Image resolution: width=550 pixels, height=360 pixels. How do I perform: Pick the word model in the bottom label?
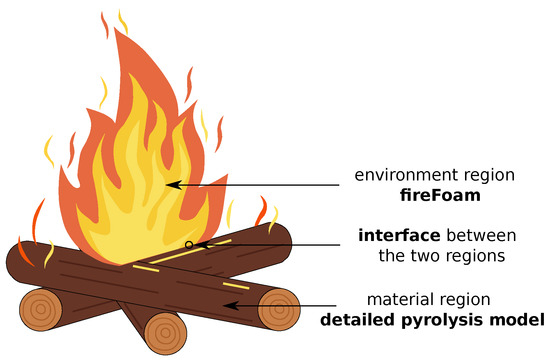(519, 320)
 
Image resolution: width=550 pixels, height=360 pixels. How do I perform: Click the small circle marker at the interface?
(188, 244)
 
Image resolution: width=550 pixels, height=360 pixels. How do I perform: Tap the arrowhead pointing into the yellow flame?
(171, 184)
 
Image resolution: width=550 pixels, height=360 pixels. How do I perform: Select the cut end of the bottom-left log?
(41, 310)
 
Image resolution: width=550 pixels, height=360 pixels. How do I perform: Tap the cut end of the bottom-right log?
(279, 309)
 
